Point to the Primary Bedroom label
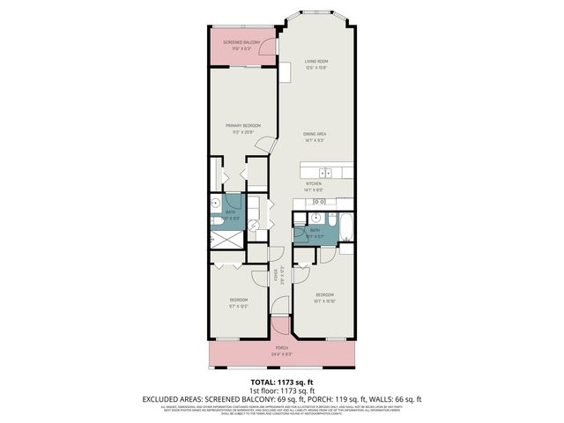tap(242, 130)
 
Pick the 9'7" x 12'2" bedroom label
tap(238, 304)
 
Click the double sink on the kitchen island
tap(324, 173)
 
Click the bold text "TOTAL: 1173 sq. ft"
tap(282, 382)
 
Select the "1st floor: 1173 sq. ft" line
tap(282, 390)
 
